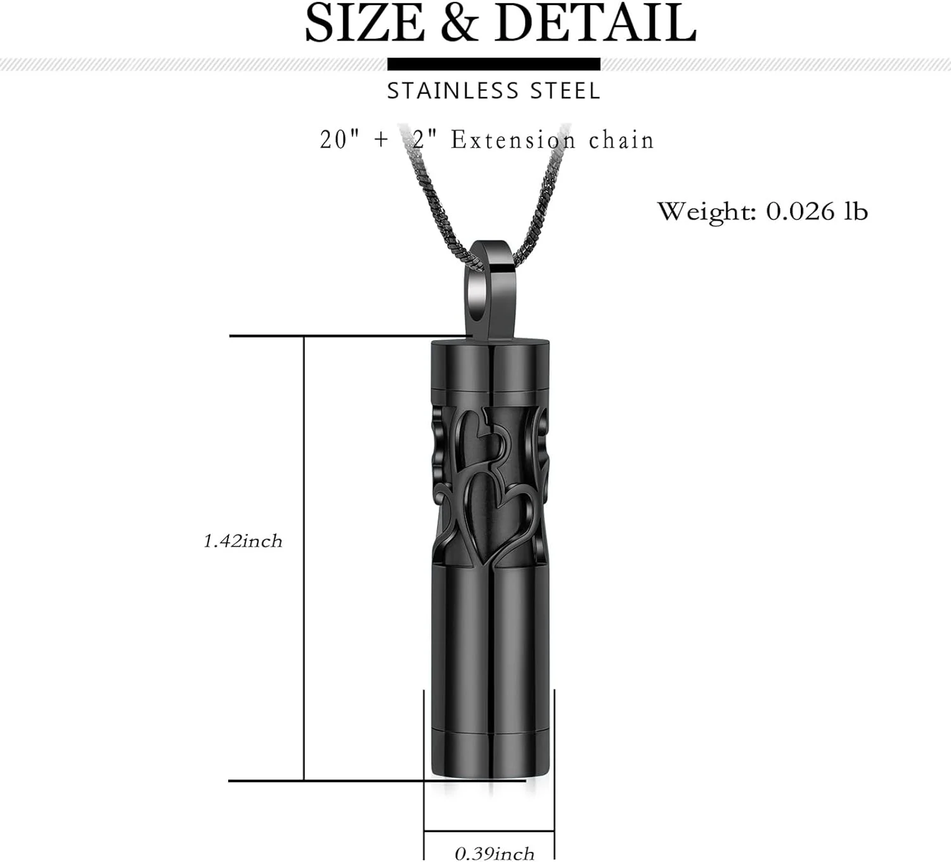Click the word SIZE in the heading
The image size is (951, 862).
[365, 23]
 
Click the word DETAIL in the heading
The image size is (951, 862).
[595, 23]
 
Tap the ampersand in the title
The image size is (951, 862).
[459, 23]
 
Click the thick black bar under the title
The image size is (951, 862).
[493, 64]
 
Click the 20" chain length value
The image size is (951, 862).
[334, 140]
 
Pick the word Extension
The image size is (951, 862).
[513, 140]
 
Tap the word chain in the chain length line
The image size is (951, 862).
[621, 140]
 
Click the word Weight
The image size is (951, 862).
[706, 211]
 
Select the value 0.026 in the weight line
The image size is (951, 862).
[800, 211]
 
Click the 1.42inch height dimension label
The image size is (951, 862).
[243, 541]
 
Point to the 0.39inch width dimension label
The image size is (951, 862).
[495, 854]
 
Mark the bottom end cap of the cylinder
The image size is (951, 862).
[489, 755]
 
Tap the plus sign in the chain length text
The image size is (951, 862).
[381, 140]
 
